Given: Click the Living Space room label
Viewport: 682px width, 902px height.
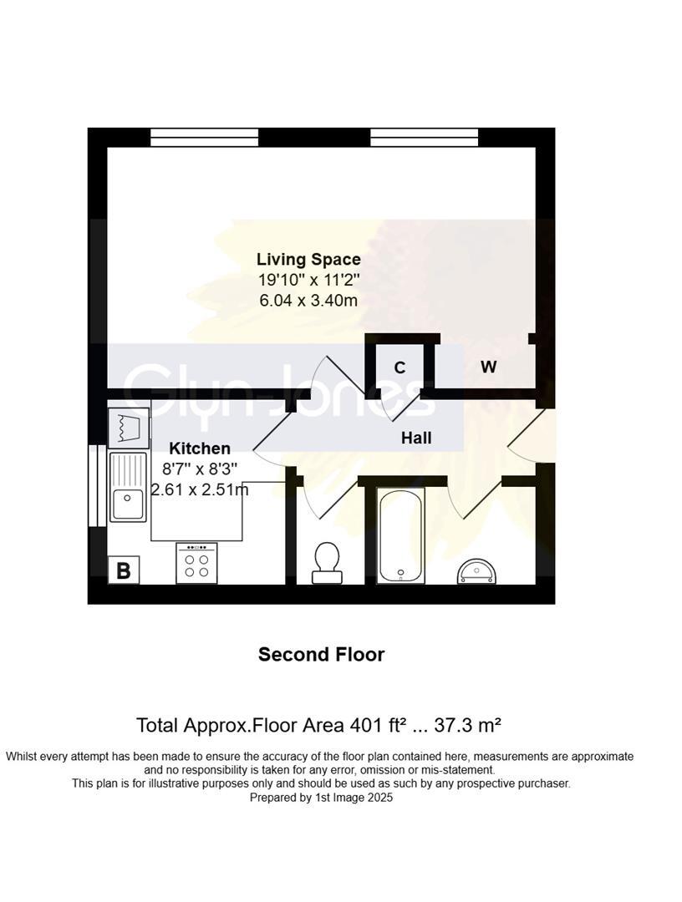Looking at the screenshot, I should (308, 259).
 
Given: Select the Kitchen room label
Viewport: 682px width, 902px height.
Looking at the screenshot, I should (200, 448).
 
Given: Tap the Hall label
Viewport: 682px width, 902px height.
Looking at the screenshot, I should (416, 438).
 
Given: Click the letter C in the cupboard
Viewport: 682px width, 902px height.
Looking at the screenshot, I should (400, 367).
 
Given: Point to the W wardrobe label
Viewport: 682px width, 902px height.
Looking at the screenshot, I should (488, 367).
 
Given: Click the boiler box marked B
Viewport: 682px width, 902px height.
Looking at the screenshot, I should (124, 570).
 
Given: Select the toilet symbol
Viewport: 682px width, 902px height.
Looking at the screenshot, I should (325, 561).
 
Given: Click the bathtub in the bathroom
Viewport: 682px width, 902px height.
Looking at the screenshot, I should (400, 535).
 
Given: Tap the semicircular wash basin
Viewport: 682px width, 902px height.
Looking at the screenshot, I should (476, 571).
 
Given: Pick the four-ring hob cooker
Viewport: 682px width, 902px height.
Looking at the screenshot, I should (196, 563).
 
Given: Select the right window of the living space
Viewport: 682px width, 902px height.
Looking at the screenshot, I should (424, 137).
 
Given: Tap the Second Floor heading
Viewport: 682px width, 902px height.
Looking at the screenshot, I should (321, 654).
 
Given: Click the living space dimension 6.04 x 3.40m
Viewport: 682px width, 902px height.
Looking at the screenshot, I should (308, 300).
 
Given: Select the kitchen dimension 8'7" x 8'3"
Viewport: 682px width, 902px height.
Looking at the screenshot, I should (200, 469).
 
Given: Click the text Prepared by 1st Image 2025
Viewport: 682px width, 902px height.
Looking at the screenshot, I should (321, 798).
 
